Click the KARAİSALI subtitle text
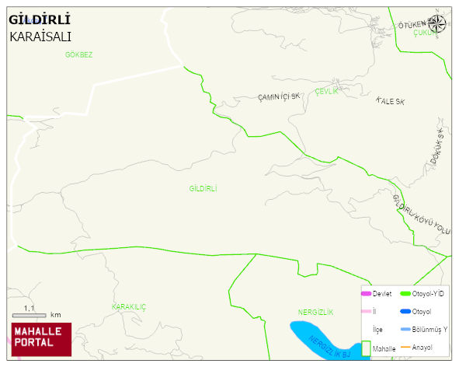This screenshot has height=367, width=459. click(41, 36)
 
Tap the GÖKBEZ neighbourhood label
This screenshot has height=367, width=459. click(79, 54)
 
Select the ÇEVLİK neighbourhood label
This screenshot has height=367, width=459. click(327, 91)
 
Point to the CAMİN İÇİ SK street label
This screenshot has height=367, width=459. click(279, 97)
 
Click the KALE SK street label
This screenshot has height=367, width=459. click(390, 101)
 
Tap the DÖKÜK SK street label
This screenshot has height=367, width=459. click(439, 145)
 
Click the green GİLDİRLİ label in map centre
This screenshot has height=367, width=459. click(203, 189)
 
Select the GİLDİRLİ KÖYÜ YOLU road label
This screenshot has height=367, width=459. click(422, 213)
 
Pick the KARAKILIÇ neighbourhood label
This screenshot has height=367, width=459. click(129, 307)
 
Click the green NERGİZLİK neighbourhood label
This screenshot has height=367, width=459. click(315, 312)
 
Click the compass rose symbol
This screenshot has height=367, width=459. click(438, 24)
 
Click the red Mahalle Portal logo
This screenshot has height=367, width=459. click(41, 338)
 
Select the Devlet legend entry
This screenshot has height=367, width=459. click(377, 293)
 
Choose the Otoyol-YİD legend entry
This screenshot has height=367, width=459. click(426, 293)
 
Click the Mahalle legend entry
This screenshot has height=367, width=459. click(378, 349)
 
